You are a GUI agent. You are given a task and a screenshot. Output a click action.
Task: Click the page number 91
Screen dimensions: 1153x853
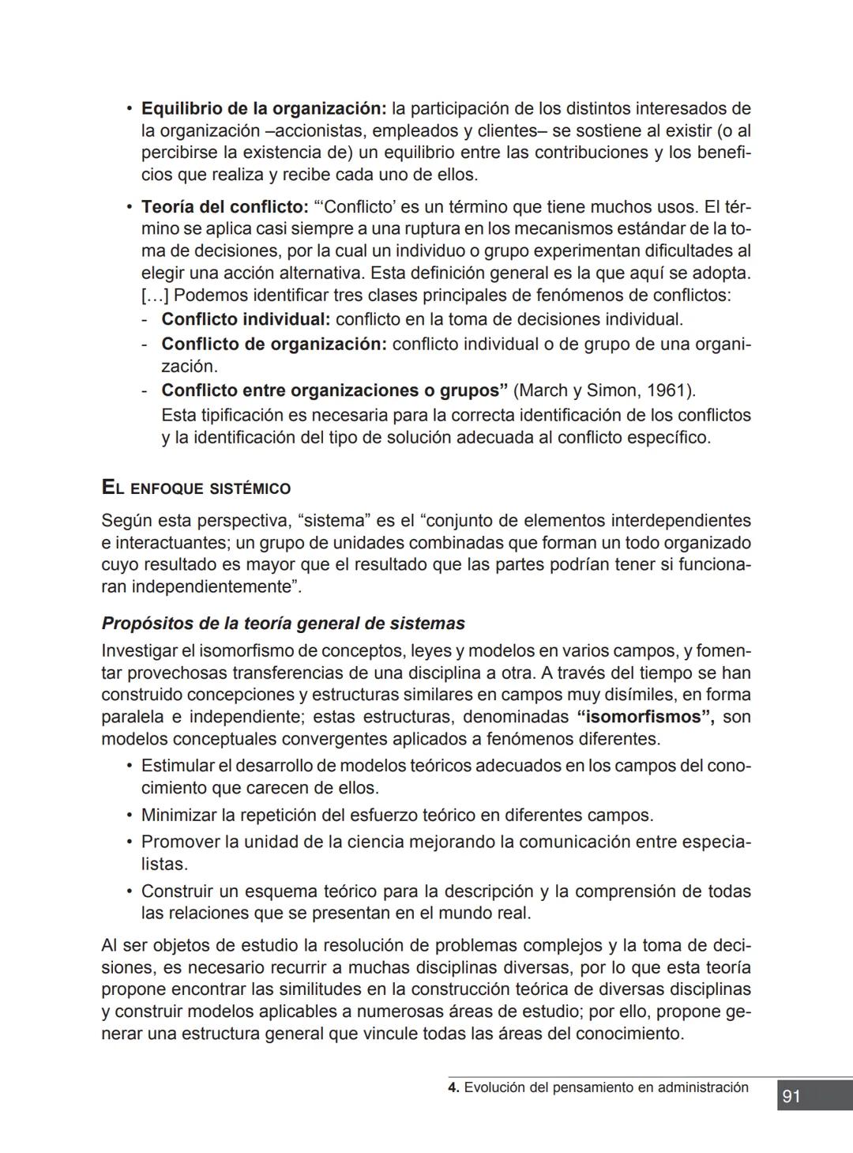point(791,1096)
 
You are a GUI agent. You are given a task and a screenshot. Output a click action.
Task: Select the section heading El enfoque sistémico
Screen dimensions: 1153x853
point(196,488)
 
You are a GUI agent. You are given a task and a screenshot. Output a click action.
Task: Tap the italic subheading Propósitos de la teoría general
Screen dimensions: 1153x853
point(283,623)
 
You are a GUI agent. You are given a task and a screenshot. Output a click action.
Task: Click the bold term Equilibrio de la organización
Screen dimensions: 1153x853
point(263,108)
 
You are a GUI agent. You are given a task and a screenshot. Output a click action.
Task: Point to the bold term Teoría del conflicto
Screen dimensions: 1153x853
point(224,207)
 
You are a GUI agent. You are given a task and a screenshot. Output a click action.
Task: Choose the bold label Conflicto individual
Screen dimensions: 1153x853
point(246,319)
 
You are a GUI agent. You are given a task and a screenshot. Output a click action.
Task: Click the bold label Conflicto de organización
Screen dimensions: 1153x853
point(273,344)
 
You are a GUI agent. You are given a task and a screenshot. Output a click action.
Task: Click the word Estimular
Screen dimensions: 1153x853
point(178,766)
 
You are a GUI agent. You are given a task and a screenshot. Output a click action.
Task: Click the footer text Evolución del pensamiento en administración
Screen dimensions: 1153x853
point(606,1087)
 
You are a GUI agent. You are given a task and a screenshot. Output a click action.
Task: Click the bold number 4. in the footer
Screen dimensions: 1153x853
point(453,1087)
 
